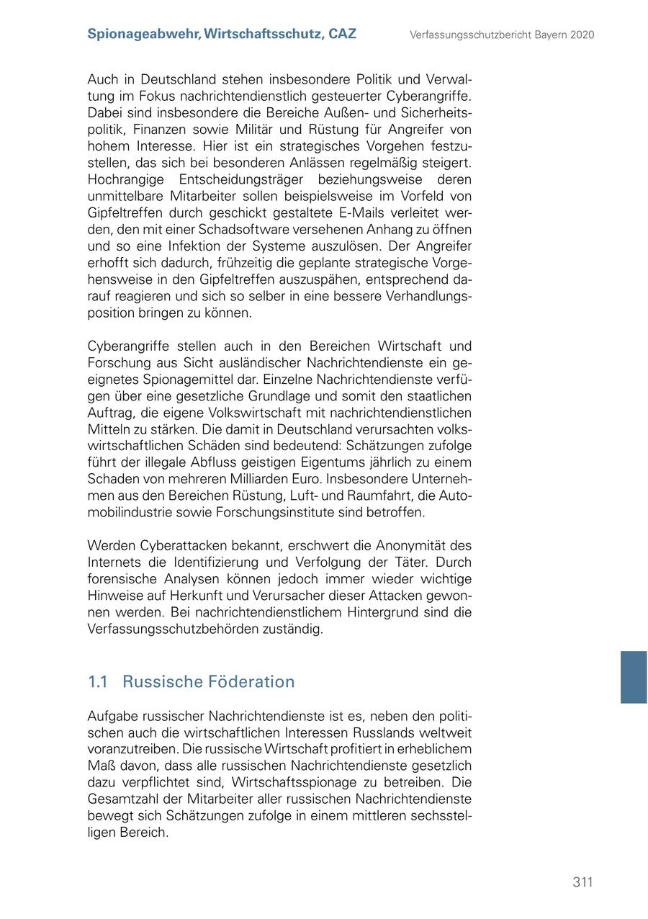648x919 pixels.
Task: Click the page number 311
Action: coord(582,882)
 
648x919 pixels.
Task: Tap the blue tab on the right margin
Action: coord(634,677)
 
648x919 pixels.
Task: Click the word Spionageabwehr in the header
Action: coord(143,34)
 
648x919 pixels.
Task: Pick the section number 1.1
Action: coord(97,682)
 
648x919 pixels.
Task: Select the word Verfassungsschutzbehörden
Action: coord(176,629)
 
